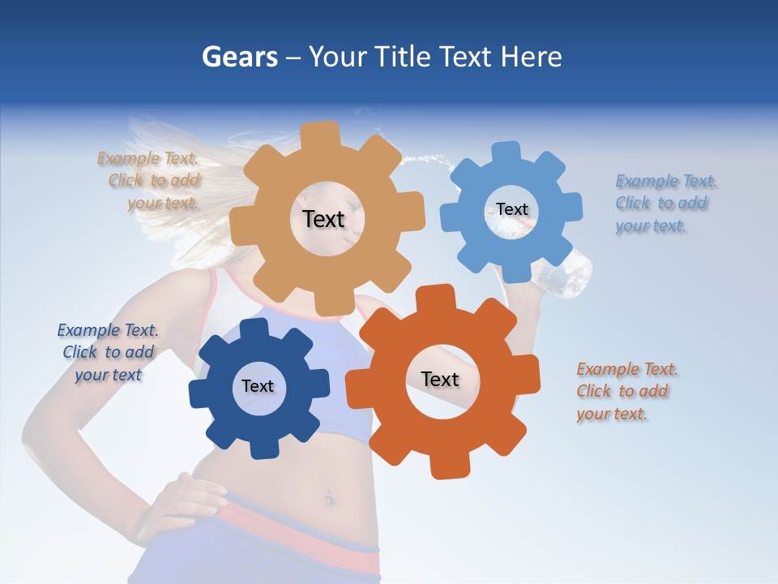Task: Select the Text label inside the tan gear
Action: [323, 219]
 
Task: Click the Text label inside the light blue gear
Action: [512, 209]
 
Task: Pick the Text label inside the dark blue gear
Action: [258, 386]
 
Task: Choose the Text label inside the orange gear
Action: [440, 379]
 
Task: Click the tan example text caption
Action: [152, 181]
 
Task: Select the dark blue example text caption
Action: [108, 352]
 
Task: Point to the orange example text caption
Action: [626, 391]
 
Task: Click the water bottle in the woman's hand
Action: [567, 276]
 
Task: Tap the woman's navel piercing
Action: [329, 496]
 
